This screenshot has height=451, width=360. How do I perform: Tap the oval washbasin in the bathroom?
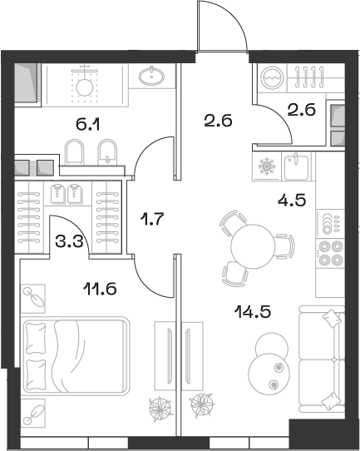(152, 77)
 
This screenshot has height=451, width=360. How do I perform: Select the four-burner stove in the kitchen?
(331, 252)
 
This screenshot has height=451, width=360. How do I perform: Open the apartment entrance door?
(223, 29)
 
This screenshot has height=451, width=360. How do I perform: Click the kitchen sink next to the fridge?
(297, 166)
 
